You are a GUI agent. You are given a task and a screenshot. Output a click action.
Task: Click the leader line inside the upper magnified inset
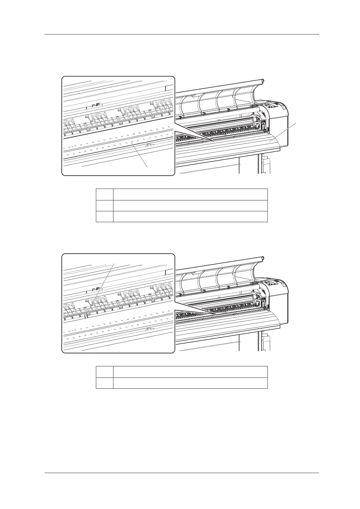pos(140,154)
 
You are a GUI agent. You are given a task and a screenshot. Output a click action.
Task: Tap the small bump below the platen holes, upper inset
pos(148,144)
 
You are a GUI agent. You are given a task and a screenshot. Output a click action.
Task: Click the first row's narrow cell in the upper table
pos(105,194)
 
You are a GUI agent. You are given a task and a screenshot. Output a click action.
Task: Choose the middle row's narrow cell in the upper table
pos(105,206)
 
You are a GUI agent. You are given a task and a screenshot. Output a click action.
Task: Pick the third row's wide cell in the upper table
pos(190,217)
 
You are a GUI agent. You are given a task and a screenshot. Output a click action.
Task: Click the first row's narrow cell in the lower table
pos(105,372)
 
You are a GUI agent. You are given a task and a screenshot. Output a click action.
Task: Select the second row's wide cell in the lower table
pos(190,383)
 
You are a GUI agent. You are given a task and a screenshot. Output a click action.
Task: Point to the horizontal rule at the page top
pos(182,34)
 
